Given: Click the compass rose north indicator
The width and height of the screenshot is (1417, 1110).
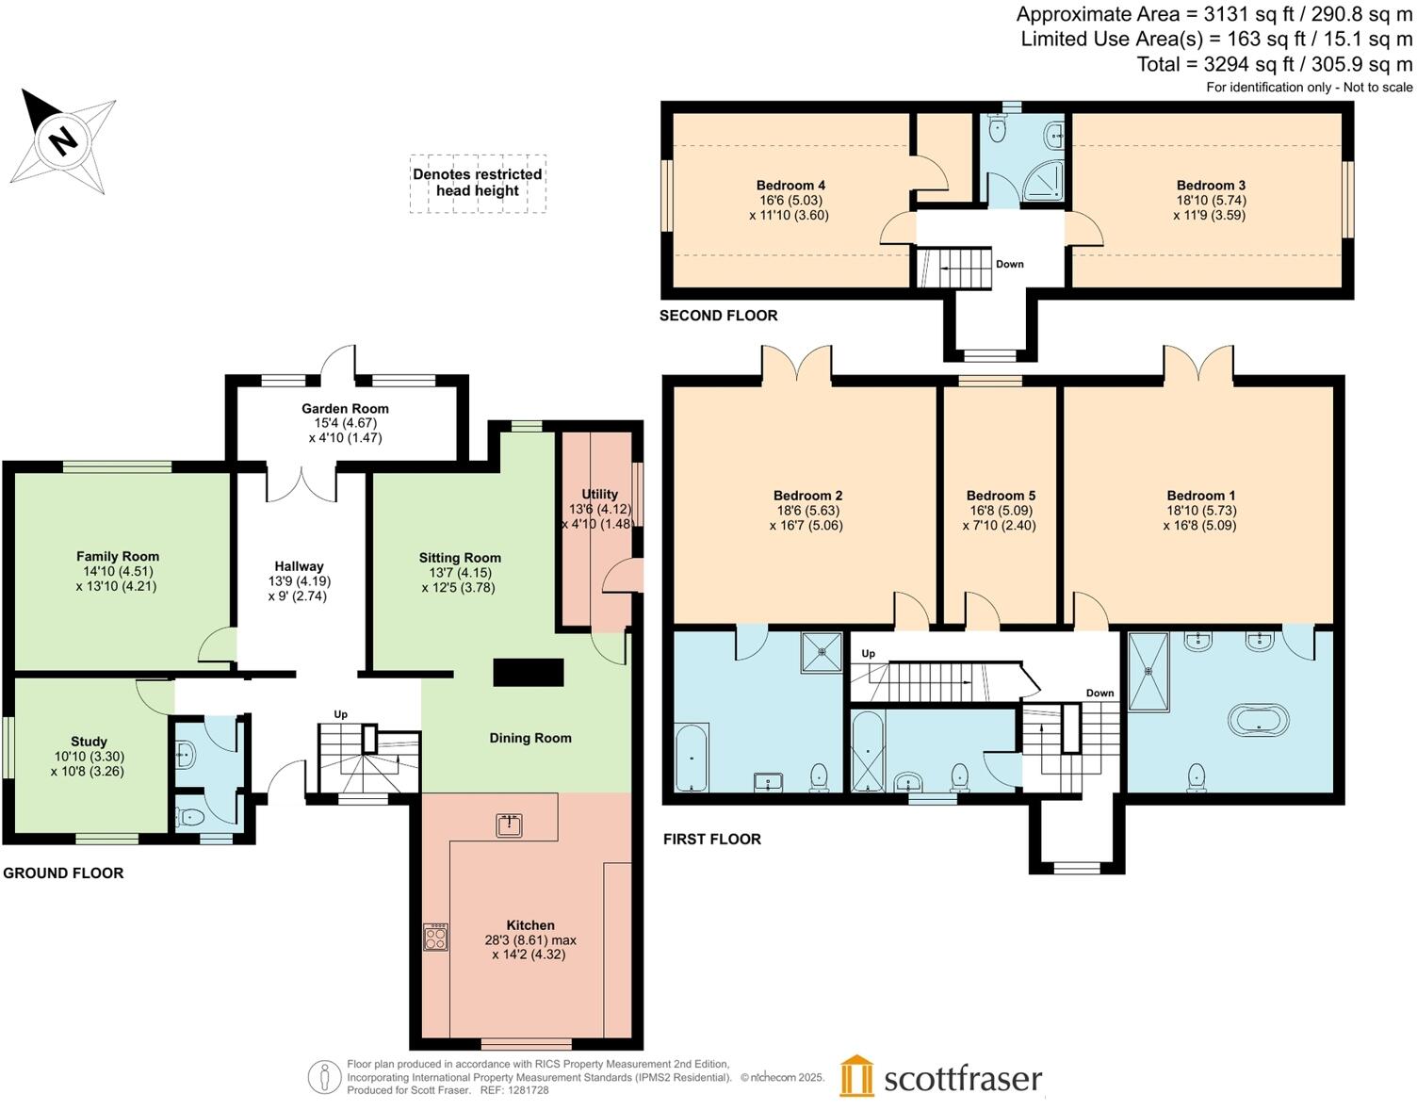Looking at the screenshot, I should pos(62,141).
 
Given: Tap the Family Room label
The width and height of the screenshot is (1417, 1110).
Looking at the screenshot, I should pos(118,557).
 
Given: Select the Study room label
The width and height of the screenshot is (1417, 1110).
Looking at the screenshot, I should pos(89,742).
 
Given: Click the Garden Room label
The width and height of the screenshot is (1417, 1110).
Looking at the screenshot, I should pos(345,409).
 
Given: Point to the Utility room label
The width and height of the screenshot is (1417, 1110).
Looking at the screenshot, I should pos(599,494).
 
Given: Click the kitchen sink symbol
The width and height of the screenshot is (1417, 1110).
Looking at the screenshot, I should pos(509,825).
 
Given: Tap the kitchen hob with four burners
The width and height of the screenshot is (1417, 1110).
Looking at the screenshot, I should pos(435,937).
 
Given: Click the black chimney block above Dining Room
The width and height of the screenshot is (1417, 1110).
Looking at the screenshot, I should pos(529,672).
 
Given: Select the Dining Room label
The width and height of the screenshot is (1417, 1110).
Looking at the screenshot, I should pos(530,738).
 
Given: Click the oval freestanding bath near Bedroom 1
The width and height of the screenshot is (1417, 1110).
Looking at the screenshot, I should pos(1258,721).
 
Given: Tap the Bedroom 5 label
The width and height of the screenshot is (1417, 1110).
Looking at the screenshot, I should pos(1001,496).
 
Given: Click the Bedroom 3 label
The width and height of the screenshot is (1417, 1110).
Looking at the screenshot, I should pos(1211,186).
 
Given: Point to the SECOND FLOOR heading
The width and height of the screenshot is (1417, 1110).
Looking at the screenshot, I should pos(718,316).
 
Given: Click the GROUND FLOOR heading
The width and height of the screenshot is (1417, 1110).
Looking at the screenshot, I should pos(63,873).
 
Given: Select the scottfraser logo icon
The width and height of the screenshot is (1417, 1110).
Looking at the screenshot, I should pos(856,1075).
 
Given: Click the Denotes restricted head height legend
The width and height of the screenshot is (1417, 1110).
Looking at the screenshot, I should pos(478,183).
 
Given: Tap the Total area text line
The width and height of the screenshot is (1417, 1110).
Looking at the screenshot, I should pos(1274,64).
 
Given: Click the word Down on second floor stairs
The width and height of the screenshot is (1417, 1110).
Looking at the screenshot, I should pos(1009,264).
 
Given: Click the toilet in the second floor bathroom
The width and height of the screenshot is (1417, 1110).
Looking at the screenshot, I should pos(998,129).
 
